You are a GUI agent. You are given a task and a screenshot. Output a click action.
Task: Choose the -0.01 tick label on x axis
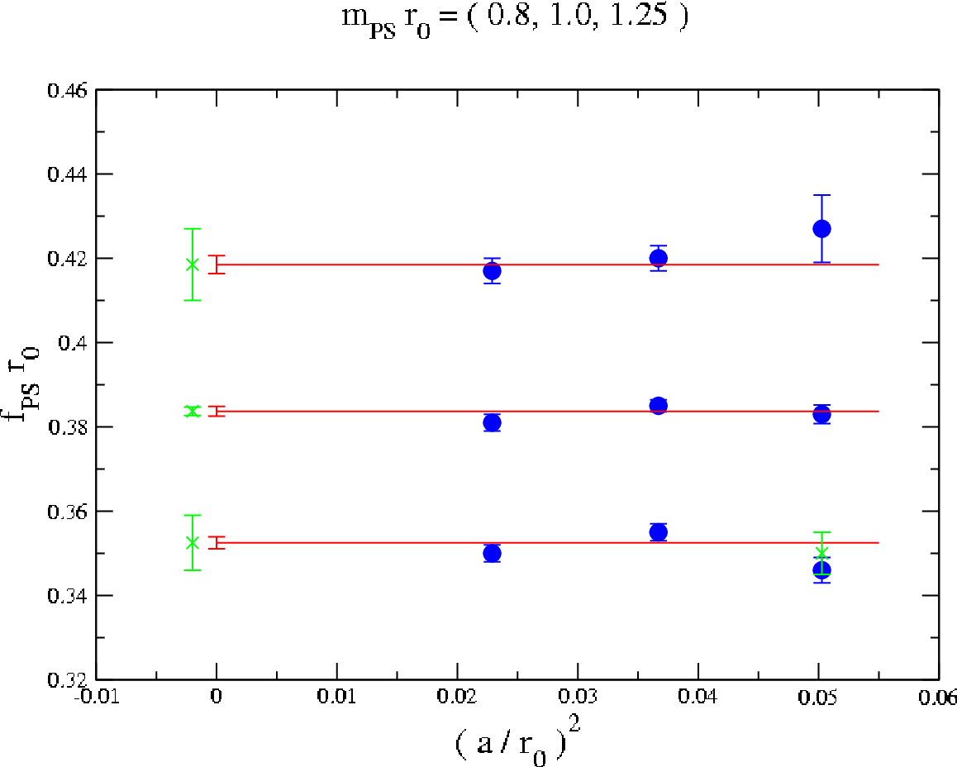(x=97, y=697)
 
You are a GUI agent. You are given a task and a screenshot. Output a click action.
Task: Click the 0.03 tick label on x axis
(x=578, y=697)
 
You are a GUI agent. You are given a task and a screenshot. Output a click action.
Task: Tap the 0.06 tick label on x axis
(x=938, y=697)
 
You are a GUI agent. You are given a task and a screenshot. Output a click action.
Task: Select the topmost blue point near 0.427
(x=821, y=229)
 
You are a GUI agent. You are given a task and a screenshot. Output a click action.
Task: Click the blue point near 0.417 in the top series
(x=492, y=271)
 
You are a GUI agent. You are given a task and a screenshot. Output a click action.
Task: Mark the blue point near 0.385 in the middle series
(x=658, y=406)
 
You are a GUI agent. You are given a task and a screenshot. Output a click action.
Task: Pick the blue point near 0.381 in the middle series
(x=492, y=422)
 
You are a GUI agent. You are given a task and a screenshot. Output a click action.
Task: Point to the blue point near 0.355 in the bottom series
(x=658, y=532)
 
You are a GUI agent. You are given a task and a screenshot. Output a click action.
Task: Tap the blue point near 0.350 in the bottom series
(x=492, y=554)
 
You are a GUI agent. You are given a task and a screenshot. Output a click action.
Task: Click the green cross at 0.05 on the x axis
(x=821, y=554)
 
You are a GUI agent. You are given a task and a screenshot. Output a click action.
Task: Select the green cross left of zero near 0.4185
(x=193, y=264)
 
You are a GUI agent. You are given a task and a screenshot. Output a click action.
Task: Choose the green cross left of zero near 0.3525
(x=193, y=542)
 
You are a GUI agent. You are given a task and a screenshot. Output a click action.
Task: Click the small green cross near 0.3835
(x=193, y=412)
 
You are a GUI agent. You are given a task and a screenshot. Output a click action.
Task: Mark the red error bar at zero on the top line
(x=217, y=264)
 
